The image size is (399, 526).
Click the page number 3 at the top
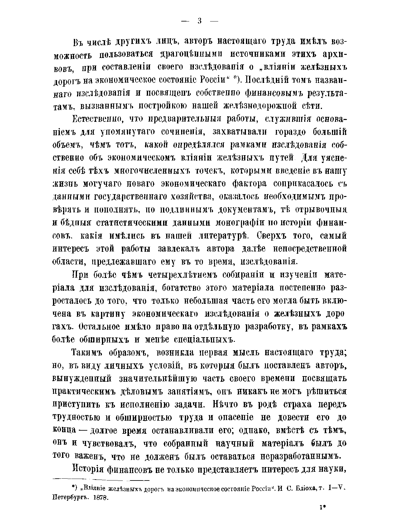(199, 21)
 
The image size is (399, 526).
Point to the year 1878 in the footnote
(100, 498)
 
